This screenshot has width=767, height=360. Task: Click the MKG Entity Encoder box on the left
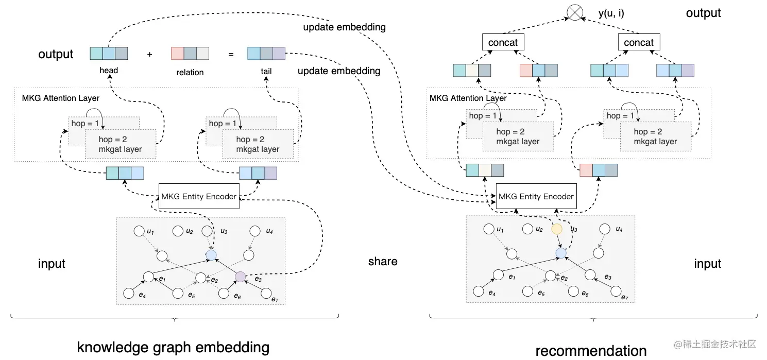199,196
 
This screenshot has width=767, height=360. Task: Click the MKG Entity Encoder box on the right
536,196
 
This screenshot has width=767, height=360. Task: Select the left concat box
503,43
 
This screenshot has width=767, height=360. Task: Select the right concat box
639,43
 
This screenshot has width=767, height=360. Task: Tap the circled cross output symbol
575,12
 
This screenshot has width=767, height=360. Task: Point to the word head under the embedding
109,71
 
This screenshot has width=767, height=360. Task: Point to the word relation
190,73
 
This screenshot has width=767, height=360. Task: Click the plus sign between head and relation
150,54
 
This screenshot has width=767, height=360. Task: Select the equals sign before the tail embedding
231,54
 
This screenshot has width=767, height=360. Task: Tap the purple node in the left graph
240,277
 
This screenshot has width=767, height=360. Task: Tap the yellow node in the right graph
557,230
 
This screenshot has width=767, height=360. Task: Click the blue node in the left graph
211,254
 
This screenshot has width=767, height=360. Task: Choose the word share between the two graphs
383,262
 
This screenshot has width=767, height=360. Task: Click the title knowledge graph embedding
173,347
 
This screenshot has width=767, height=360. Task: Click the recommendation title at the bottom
591,351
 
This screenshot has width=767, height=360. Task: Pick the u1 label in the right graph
499,229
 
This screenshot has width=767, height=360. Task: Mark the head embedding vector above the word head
109,54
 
